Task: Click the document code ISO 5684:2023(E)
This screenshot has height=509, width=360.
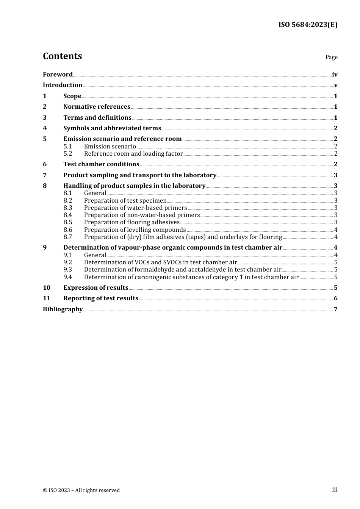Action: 308,25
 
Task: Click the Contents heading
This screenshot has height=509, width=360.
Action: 62,56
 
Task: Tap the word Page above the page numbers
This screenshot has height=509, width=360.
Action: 331,57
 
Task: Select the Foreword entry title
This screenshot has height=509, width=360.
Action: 58,75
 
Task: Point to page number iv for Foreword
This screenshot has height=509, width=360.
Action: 335,75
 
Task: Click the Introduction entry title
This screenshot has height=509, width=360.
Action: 63,85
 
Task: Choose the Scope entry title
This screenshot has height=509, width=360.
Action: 72,96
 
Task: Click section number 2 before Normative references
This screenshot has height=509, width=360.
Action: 45,107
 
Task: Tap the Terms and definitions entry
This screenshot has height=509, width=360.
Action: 97,118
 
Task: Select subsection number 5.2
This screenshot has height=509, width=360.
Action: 67,154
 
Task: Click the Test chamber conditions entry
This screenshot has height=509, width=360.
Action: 101,164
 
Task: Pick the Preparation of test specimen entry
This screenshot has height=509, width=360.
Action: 125,201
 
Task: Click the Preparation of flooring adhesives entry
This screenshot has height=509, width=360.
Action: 131,222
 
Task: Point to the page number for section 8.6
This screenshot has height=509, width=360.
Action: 336,230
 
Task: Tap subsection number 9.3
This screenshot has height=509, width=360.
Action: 67,270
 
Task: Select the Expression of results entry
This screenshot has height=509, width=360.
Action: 95,288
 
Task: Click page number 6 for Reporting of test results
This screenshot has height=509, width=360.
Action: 336,298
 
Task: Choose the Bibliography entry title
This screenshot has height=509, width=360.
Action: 63,309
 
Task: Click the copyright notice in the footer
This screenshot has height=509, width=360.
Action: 81,490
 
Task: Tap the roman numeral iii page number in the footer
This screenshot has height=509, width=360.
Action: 335,490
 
